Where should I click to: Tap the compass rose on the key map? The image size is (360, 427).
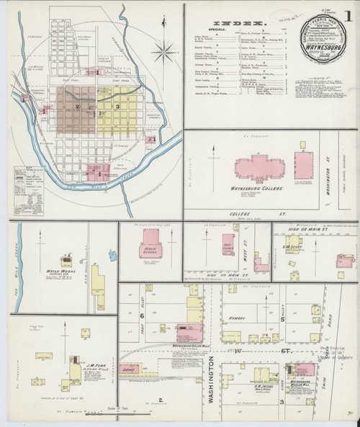point(165,51)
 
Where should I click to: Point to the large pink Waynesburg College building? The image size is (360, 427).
point(259,167)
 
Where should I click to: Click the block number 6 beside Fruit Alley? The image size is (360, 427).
point(143,315)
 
